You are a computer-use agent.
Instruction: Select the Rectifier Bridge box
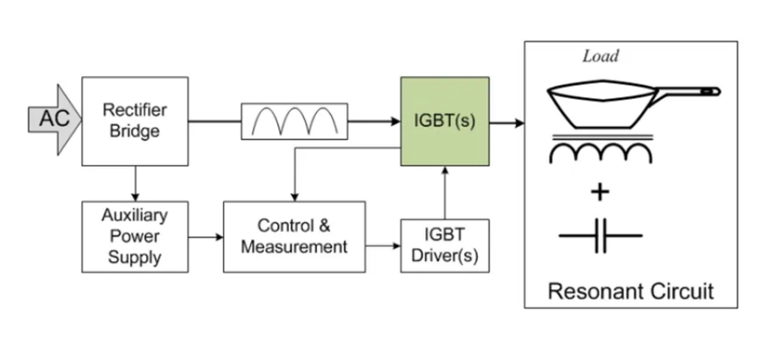pyautogui.click(x=135, y=122)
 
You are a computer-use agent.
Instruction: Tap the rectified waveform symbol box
pyautogui.click(x=294, y=122)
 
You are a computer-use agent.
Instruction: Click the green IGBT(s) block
pyautogui.click(x=444, y=121)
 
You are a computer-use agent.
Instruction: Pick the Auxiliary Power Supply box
pyautogui.click(x=135, y=236)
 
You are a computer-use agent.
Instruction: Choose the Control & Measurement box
pyautogui.click(x=295, y=236)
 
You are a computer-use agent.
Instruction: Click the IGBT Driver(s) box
pyautogui.click(x=444, y=245)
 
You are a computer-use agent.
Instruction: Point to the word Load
pyautogui.click(x=601, y=56)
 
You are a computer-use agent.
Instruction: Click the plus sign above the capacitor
pyautogui.click(x=600, y=193)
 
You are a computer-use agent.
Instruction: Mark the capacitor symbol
pyautogui.click(x=600, y=236)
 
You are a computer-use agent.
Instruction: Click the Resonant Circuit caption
pyautogui.click(x=630, y=291)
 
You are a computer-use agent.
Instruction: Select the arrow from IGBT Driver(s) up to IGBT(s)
pyautogui.click(x=445, y=192)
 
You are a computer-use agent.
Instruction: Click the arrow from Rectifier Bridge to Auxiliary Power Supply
pyautogui.click(x=135, y=182)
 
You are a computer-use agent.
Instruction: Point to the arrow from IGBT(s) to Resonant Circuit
pyautogui.click(x=507, y=123)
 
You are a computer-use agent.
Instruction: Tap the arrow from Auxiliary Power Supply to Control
pyautogui.click(x=206, y=237)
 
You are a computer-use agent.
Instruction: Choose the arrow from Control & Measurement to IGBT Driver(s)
pyautogui.click(x=383, y=245)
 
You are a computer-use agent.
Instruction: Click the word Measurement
pyautogui.click(x=295, y=245)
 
